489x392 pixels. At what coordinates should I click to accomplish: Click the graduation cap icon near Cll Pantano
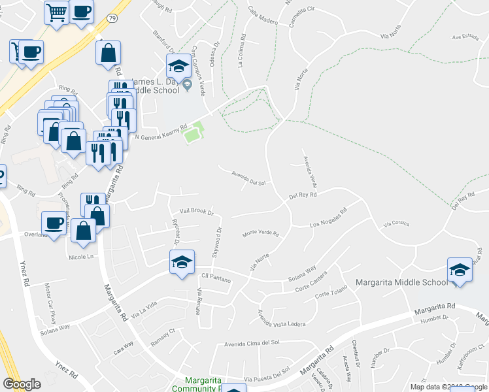pyautogui.click(x=181, y=262)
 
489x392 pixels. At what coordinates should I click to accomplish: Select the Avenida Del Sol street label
pyautogui.click(x=249, y=178)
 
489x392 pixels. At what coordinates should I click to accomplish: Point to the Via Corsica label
pyautogui.click(x=397, y=223)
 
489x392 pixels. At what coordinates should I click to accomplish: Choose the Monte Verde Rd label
pyautogui.click(x=261, y=233)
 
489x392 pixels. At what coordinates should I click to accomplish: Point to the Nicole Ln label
pyautogui.click(x=81, y=256)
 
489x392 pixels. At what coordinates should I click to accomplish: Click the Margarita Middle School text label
pyautogui.click(x=401, y=283)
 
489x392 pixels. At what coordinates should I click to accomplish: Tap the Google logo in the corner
pyautogui.click(x=22, y=384)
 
